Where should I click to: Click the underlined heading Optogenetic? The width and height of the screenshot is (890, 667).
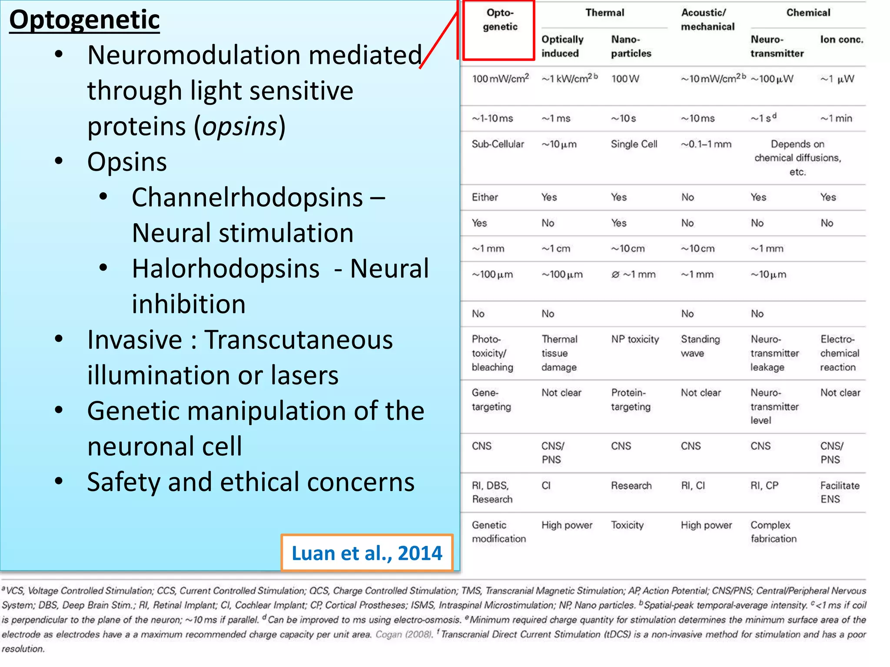click(84, 20)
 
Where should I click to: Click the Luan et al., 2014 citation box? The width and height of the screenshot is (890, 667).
click(367, 553)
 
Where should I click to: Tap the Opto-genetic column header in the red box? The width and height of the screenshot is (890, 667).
click(500, 20)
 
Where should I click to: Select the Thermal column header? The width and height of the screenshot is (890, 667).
click(604, 13)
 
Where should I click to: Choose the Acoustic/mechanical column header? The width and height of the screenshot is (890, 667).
click(707, 20)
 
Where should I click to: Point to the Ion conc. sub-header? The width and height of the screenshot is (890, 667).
click(841, 40)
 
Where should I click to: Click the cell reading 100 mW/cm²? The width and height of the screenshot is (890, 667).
click(500, 79)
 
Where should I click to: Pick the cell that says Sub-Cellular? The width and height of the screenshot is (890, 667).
click(498, 144)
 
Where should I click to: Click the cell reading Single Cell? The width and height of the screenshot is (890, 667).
click(634, 144)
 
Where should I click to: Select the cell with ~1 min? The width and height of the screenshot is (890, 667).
click(836, 119)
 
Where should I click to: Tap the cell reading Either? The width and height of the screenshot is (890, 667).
click(485, 197)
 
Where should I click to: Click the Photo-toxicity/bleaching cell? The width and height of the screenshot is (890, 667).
click(492, 353)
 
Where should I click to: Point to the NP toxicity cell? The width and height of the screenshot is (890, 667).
click(635, 339)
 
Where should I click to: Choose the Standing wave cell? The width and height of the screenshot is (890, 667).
click(700, 346)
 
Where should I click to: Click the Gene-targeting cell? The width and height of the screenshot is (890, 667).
click(491, 400)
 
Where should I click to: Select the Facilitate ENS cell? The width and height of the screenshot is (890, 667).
click(840, 492)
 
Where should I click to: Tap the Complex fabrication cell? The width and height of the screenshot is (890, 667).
click(774, 532)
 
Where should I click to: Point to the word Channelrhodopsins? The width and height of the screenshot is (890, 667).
click(247, 198)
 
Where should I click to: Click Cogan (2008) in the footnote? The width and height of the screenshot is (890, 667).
click(404, 634)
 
